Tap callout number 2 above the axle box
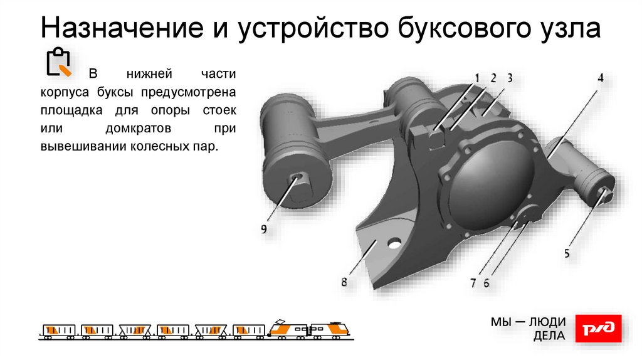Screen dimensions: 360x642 tap(493, 78)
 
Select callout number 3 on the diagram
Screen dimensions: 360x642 tap(510, 78)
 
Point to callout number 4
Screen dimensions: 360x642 tap(600, 78)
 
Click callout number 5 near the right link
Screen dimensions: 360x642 tap(567, 253)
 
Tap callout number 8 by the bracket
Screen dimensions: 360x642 tap(344, 282)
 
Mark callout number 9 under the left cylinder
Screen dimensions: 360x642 tap(264, 229)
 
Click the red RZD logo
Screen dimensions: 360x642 tap(599, 329)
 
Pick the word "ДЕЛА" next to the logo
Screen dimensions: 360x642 tap(549, 336)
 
